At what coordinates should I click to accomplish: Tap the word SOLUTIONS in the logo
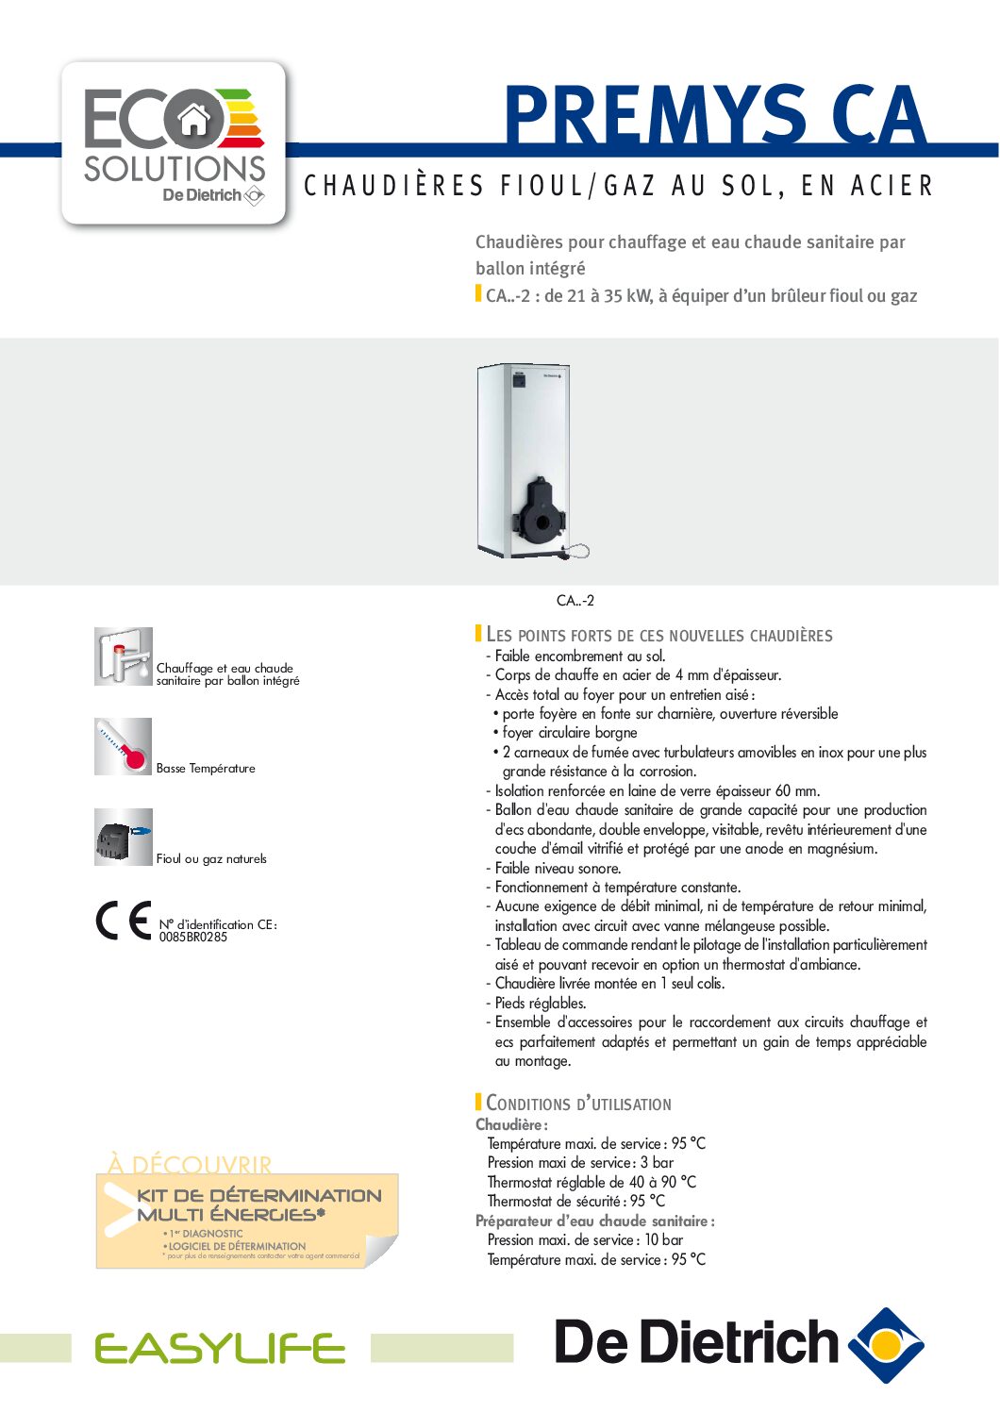click(175, 169)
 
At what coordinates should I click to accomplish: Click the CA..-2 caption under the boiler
click(575, 601)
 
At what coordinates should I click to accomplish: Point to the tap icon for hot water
click(123, 656)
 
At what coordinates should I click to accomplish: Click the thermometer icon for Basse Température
click(123, 746)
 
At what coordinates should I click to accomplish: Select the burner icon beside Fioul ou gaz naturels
click(123, 837)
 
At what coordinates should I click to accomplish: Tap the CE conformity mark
click(124, 922)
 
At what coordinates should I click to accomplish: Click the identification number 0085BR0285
click(192, 938)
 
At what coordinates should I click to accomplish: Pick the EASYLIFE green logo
click(220, 1349)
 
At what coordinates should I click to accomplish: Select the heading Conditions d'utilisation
click(578, 1104)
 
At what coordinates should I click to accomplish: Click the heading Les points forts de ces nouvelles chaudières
click(658, 635)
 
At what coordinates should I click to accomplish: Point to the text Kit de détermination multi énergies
click(258, 1204)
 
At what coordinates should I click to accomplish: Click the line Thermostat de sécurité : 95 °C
click(575, 1202)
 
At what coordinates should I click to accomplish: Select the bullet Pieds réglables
click(540, 1004)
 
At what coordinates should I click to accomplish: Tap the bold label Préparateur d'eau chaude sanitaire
click(594, 1221)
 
